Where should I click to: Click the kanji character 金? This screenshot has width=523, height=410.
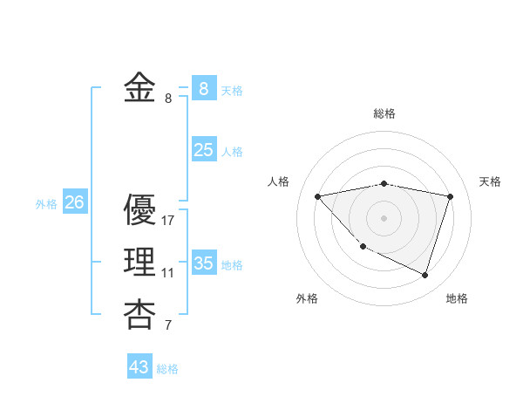click(139, 89)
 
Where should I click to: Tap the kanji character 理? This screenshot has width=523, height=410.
click(139, 262)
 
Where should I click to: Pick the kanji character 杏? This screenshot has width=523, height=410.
click(139, 314)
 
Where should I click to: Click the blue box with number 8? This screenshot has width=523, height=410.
click(203, 89)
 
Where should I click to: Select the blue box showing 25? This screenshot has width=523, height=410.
click(203, 150)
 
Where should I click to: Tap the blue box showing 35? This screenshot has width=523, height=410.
click(203, 263)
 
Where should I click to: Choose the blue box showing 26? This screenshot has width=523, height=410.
click(74, 203)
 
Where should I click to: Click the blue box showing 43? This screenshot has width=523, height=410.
click(139, 367)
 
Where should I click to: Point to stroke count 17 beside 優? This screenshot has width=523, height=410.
click(168, 221)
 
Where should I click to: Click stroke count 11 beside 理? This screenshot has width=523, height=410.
click(167, 273)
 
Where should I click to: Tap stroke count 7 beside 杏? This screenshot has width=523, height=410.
click(167, 326)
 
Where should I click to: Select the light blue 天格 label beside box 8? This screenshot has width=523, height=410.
click(232, 91)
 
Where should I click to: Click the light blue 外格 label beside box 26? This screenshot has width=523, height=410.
click(46, 204)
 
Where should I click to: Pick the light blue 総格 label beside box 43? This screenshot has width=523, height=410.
click(167, 369)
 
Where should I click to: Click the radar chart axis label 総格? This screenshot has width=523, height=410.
click(384, 113)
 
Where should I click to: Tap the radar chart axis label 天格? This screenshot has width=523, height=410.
click(491, 181)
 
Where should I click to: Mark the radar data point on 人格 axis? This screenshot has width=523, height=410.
click(318, 196)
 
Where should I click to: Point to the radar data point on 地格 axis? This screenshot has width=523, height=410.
click(425, 275)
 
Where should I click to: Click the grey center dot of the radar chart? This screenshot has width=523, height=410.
click(384, 217)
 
